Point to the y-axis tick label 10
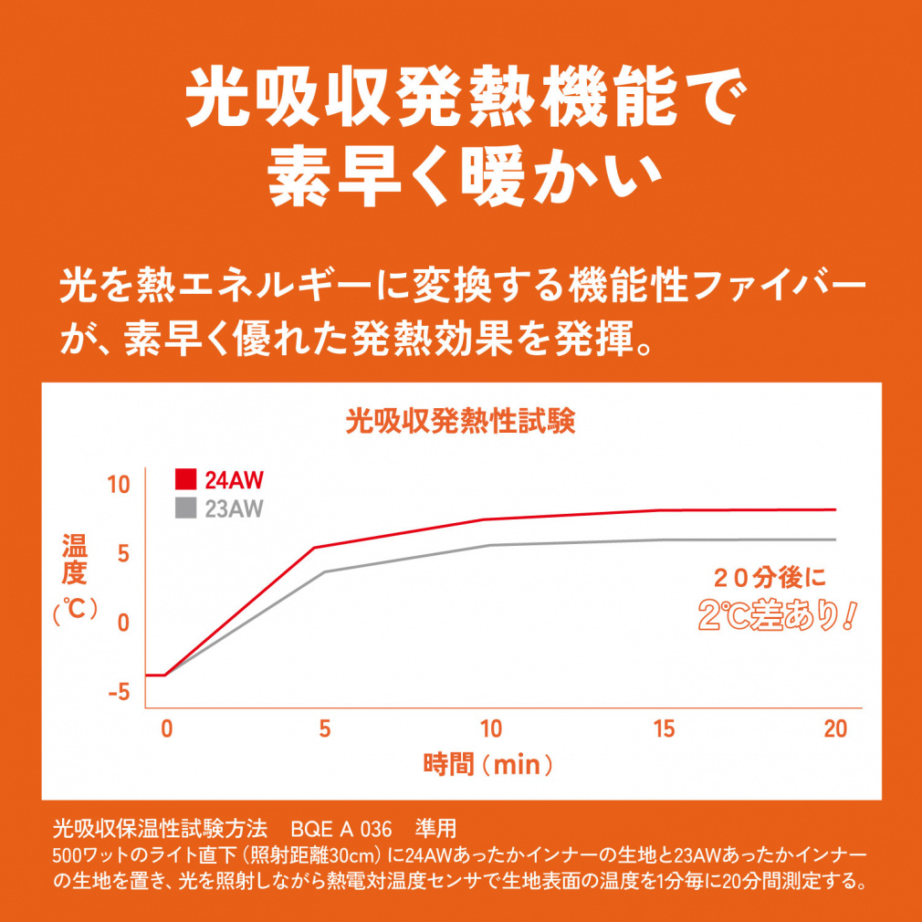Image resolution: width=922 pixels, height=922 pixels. [120, 484]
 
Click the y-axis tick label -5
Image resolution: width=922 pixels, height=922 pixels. [120, 692]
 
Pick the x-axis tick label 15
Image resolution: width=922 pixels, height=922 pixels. [664, 728]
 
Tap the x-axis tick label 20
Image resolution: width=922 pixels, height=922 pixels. [834, 728]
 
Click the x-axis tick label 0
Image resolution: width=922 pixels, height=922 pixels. [166, 728]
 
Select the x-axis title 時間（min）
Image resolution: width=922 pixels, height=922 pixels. [488, 763]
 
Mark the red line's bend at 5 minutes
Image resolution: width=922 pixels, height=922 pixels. [314, 548]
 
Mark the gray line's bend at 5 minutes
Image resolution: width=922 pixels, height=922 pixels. [324, 572]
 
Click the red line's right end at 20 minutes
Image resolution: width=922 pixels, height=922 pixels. [834, 509]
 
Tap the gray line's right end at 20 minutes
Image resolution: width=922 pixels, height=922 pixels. [834, 540]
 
